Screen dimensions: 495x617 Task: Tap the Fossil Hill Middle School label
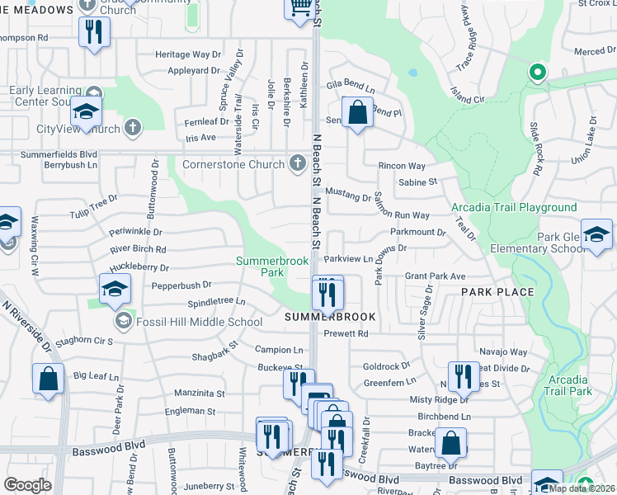pos(199,321)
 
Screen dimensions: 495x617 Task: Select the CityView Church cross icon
pos(133,128)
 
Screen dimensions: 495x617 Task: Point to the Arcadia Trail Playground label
pos(514,207)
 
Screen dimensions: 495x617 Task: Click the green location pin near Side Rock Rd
pos(538,73)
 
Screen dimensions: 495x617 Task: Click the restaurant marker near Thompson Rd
pos(92,32)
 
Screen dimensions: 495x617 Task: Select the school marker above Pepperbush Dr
pos(115,288)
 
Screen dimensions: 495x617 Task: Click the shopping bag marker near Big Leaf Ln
pos(49,379)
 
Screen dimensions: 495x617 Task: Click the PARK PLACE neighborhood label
pos(497,292)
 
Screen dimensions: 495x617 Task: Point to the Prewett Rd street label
pos(346,334)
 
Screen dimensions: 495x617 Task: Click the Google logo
pos(27,485)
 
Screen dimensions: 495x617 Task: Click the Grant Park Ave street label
pos(435,276)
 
